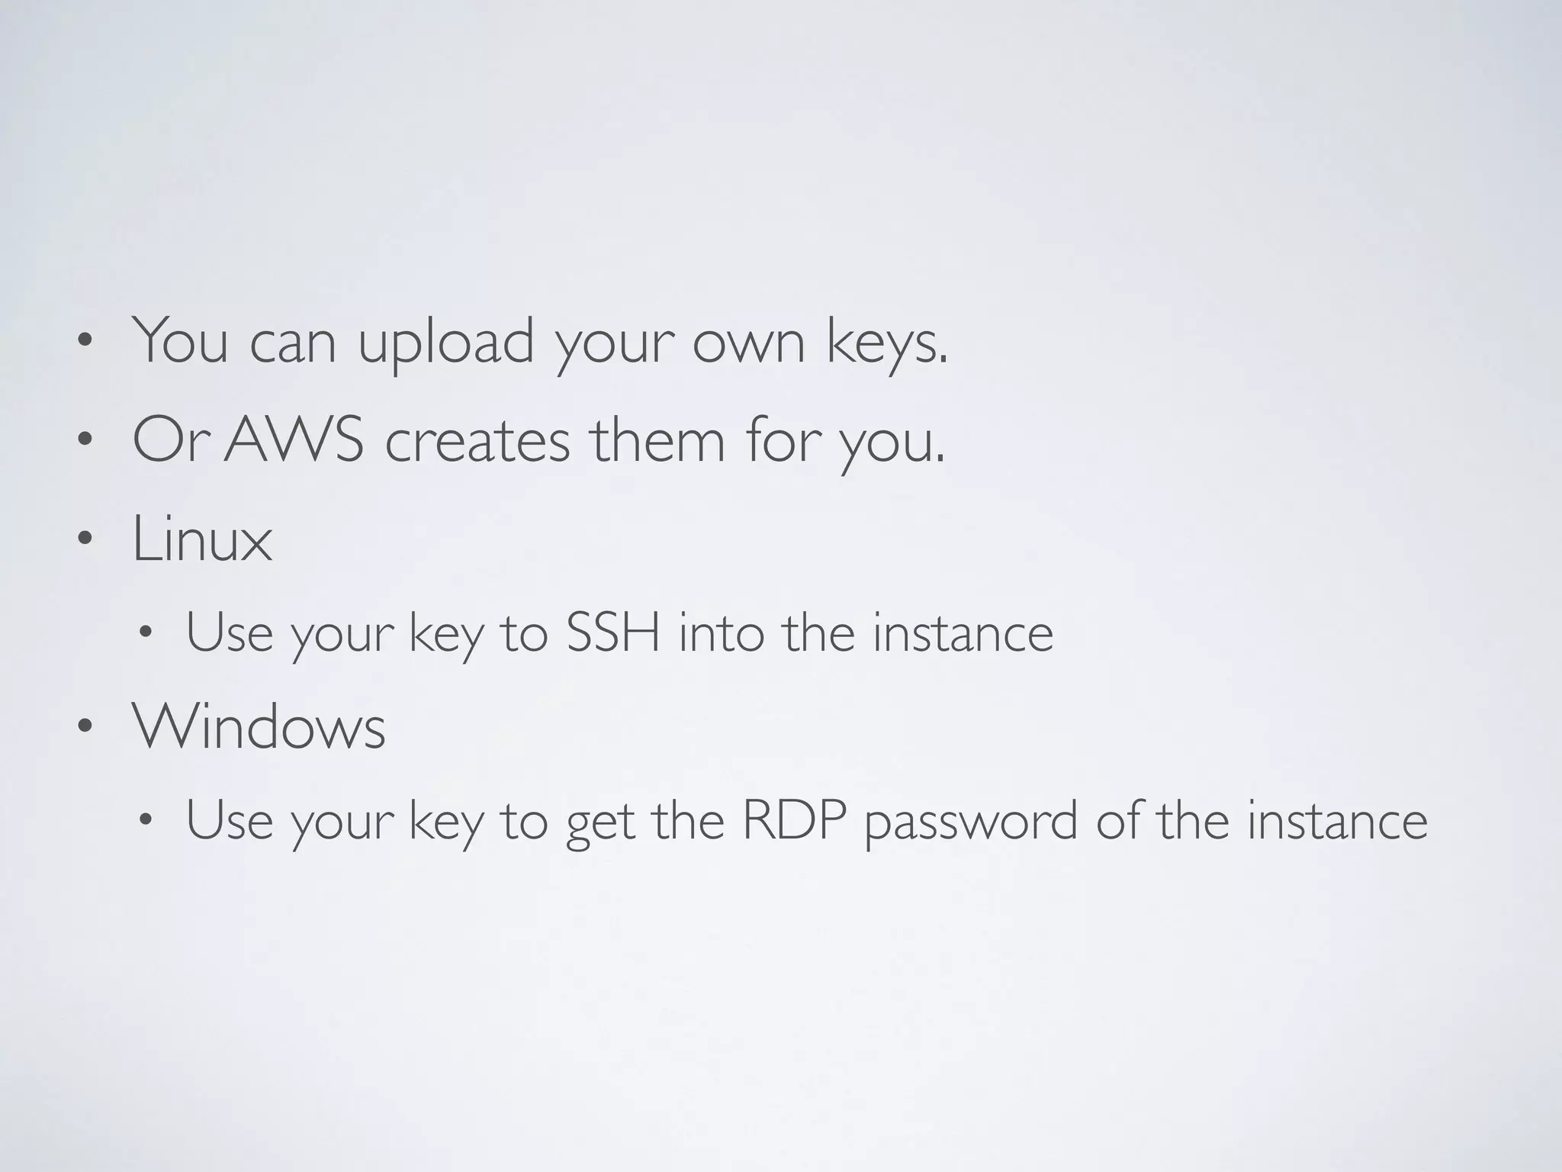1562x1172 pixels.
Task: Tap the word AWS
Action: (x=294, y=441)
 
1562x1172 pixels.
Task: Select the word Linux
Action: (x=202, y=539)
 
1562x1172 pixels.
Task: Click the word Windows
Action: (x=259, y=726)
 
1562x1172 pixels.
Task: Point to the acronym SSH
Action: (x=612, y=633)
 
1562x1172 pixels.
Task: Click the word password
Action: (x=970, y=823)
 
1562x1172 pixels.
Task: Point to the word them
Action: (x=657, y=441)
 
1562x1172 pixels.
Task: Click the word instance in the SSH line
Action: (x=963, y=633)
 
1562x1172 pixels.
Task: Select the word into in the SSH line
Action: (x=721, y=633)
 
